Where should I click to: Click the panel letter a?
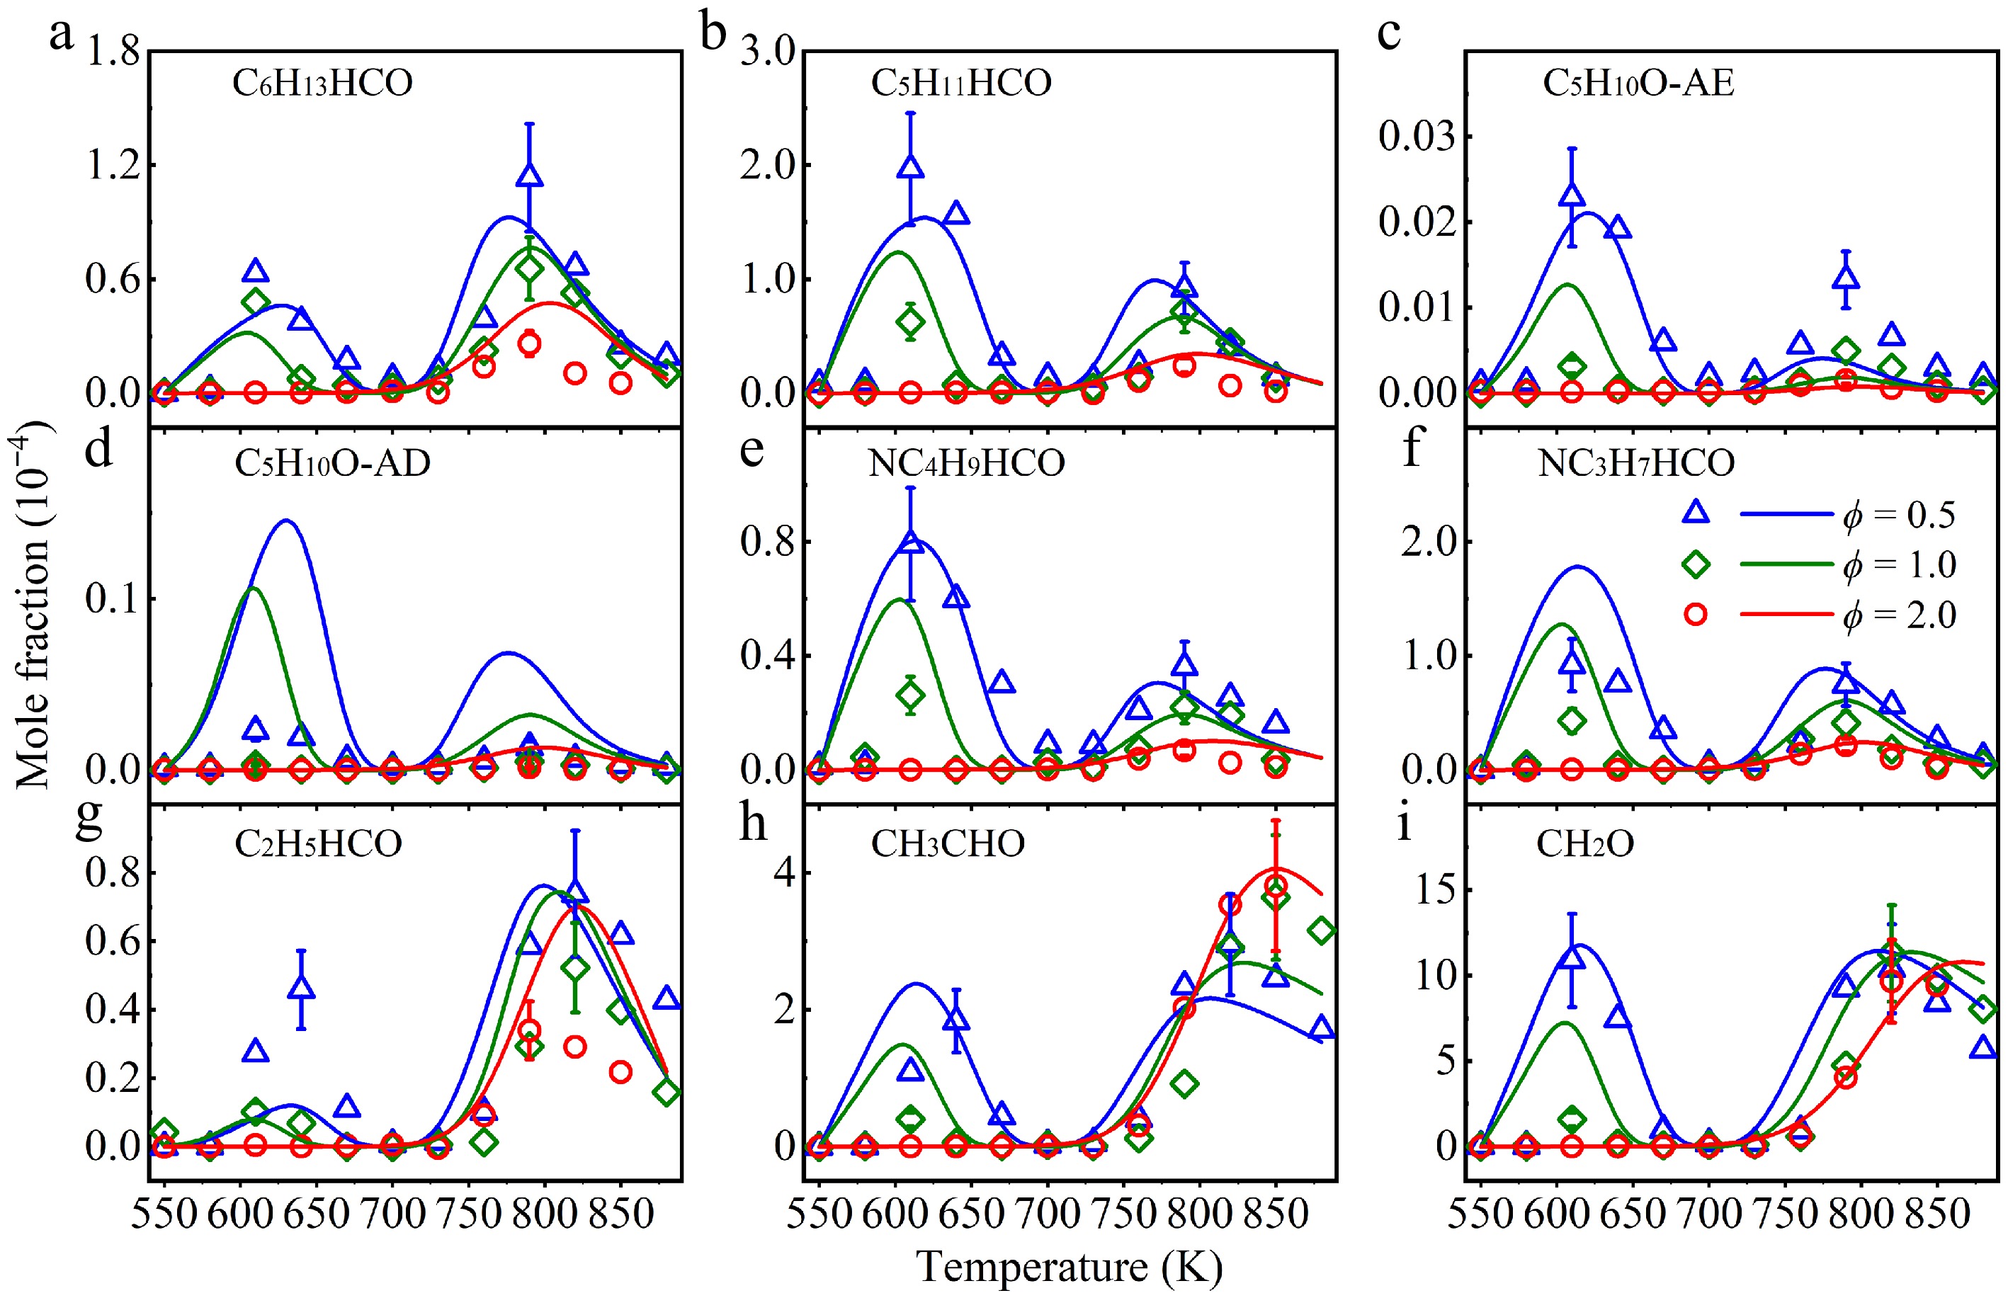(61, 35)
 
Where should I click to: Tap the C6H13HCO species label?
(322, 84)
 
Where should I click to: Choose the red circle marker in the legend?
(1695, 615)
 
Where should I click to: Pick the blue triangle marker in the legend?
(1695, 513)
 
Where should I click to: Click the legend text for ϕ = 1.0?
(1898, 564)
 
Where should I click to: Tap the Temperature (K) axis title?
(1069, 1267)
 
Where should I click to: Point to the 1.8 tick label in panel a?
(112, 52)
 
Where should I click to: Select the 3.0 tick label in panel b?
(767, 52)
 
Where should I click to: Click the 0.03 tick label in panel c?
(1416, 137)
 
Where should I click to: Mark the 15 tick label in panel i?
(1435, 890)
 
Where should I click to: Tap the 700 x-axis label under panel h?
(1047, 1214)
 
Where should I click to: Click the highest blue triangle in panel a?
(529, 176)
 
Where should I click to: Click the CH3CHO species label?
(948, 843)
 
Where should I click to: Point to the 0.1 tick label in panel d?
(112, 599)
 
